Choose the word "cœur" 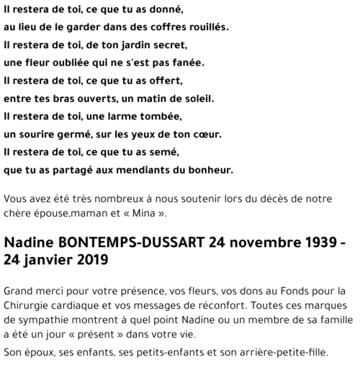point(225,134)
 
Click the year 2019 point(90,261)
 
